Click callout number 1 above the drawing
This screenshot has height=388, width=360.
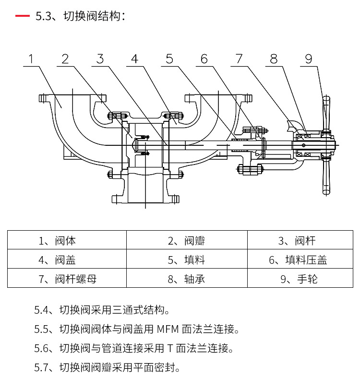tap(31, 59)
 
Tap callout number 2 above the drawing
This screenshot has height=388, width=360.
tap(66, 59)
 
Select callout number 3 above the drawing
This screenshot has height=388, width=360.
tap(100, 59)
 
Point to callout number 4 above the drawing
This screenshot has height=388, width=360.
tap(135, 59)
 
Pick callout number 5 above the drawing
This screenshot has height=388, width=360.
tap(169, 59)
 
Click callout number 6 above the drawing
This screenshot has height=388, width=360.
tap(204, 59)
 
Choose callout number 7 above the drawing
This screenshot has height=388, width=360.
tap(239, 59)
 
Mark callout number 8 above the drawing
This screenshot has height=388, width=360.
tap(274, 59)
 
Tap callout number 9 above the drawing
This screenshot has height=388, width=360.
tap(309, 59)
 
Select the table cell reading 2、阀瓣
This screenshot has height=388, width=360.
tap(186, 240)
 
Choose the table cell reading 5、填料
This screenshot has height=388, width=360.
tap(186, 259)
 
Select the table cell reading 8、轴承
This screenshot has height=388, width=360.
tap(186, 278)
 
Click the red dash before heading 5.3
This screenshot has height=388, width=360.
tap(22, 16)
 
